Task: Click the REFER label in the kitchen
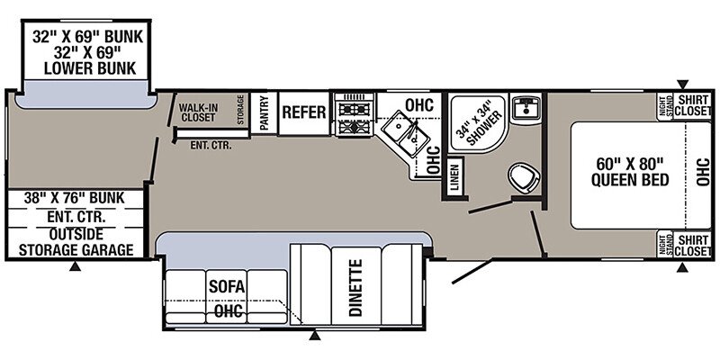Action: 304,112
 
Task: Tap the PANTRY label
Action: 265,113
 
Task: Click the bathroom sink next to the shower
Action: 526,107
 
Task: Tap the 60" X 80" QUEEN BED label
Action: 629,171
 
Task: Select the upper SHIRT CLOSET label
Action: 693,105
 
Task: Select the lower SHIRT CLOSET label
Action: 693,245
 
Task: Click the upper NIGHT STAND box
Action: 664,106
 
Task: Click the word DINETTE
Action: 355,288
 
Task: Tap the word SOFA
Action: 228,287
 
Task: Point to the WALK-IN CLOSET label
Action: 198,112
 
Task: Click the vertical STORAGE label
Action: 240,109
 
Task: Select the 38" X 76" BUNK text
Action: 76,198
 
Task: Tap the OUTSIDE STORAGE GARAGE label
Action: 76,241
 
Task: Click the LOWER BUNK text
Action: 90,68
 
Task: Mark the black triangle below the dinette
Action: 314,335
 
